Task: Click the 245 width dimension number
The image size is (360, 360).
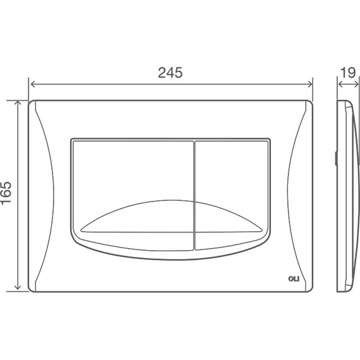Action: coord(170,73)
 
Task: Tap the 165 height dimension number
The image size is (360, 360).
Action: coord(6,193)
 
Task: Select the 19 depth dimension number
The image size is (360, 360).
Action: coord(348,73)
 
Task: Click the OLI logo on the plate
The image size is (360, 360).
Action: coord(294,279)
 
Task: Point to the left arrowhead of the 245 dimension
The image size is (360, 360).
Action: coord(32,84)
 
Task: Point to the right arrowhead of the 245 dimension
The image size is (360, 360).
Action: coord(310,84)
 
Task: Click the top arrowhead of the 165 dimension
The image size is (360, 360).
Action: coord(18,103)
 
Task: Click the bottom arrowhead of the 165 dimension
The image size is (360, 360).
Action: coord(18,287)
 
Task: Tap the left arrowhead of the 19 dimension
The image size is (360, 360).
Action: coord(340,84)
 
